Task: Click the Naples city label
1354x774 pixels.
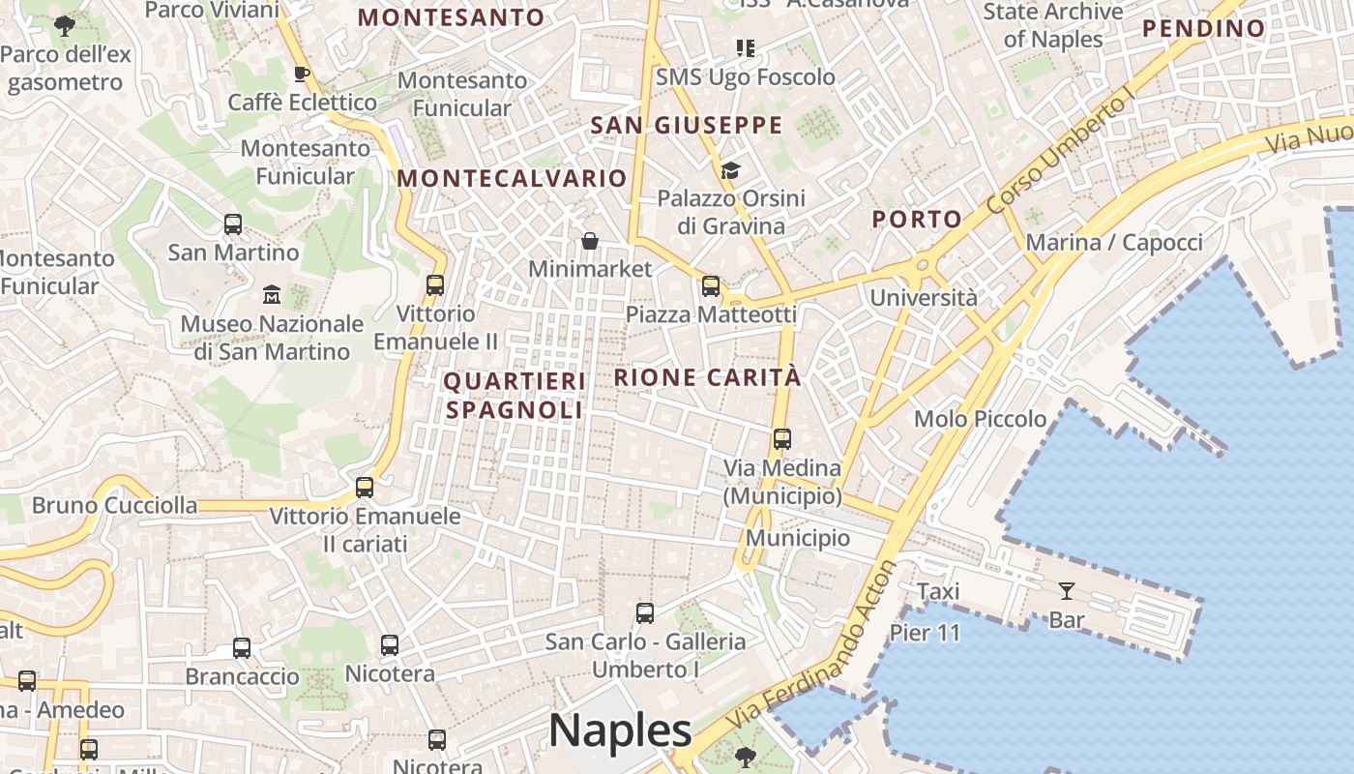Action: click(620, 730)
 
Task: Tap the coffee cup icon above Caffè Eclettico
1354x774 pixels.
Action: click(302, 74)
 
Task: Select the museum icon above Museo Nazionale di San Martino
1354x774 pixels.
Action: click(272, 293)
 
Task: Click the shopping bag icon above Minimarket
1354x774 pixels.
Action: click(590, 240)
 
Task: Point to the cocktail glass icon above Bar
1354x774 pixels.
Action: click(1067, 590)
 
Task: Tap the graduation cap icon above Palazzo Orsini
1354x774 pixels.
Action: click(730, 171)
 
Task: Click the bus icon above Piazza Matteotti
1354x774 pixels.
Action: click(711, 285)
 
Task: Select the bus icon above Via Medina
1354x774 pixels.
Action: click(782, 439)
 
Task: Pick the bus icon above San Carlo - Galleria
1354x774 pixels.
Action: click(645, 612)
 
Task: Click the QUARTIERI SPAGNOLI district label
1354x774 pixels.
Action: click(515, 395)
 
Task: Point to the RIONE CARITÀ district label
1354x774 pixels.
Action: click(708, 377)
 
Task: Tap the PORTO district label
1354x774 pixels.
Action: click(917, 220)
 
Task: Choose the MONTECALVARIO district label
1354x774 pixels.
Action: click(512, 178)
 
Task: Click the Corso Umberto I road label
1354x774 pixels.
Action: click(1060, 154)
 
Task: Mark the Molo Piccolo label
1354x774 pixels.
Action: click(981, 419)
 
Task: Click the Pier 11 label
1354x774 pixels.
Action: click(925, 633)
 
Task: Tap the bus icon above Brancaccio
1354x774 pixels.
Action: click(242, 648)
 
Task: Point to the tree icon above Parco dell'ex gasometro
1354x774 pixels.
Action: click(65, 26)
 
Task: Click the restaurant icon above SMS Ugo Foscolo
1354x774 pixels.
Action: click(745, 47)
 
